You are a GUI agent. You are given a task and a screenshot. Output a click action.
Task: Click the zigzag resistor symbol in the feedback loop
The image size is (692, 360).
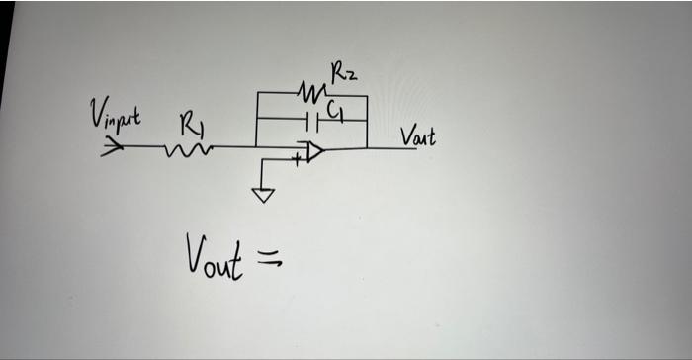pyautogui.click(x=311, y=95)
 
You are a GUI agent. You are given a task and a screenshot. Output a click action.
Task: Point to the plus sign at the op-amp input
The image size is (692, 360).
pyautogui.click(x=296, y=156)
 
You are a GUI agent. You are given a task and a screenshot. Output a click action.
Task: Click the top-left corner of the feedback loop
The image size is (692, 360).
pyautogui.click(x=256, y=95)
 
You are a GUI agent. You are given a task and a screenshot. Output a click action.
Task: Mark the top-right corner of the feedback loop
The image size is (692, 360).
pyautogui.click(x=367, y=96)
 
